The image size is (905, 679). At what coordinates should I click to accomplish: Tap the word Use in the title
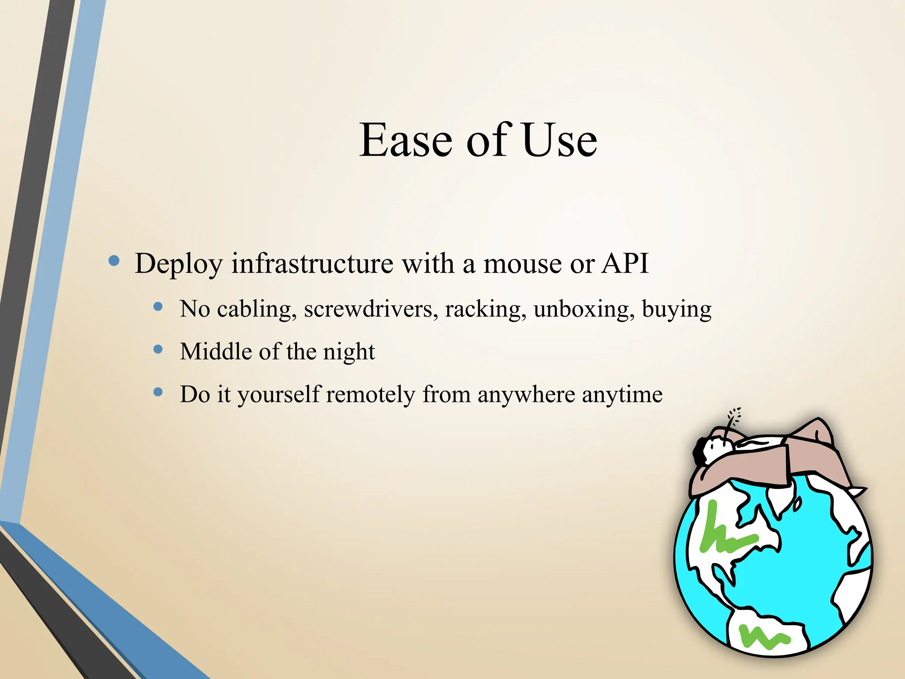pyautogui.click(x=559, y=141)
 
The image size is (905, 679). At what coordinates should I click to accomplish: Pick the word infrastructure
pyautogui.click(x=312, y=263)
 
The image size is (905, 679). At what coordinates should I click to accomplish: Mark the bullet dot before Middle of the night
pyautogui.click(x=158, y=350)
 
